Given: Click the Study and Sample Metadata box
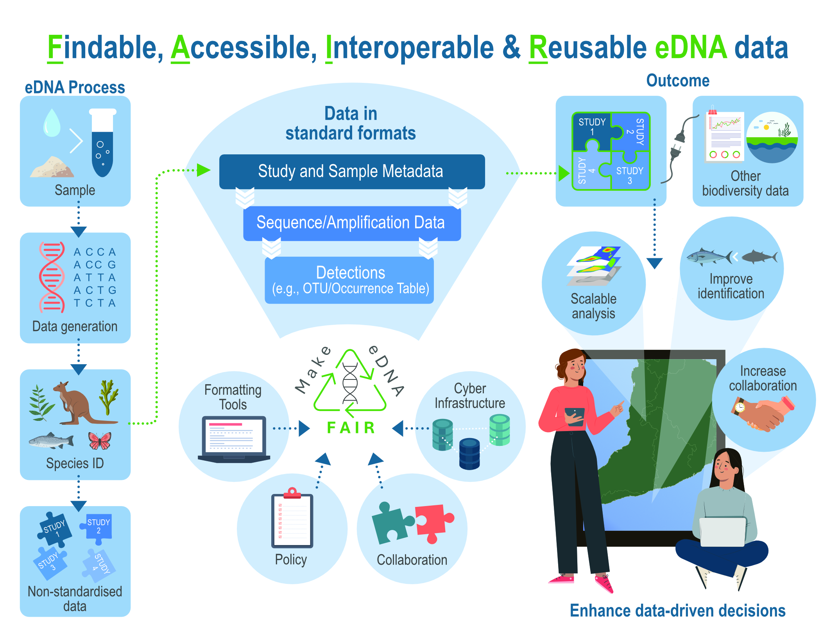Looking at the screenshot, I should point(352,172).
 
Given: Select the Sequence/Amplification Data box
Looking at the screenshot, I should point(352,223).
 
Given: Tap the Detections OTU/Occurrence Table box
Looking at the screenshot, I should point(350,280).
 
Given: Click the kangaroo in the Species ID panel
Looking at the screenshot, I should point(78,403).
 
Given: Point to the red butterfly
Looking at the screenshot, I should point(100,441).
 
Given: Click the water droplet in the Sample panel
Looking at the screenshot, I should point(52,123).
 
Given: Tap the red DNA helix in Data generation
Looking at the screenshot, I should point(52,277).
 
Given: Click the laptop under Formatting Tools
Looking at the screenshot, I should point(234,440).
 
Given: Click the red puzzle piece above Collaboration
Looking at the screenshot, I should point(433,522).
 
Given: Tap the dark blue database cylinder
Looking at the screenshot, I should point(469,453).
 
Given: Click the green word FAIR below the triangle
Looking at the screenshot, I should point(351,428).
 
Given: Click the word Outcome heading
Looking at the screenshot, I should point(677,81).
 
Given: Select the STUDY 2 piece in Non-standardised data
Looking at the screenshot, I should point(98,528).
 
